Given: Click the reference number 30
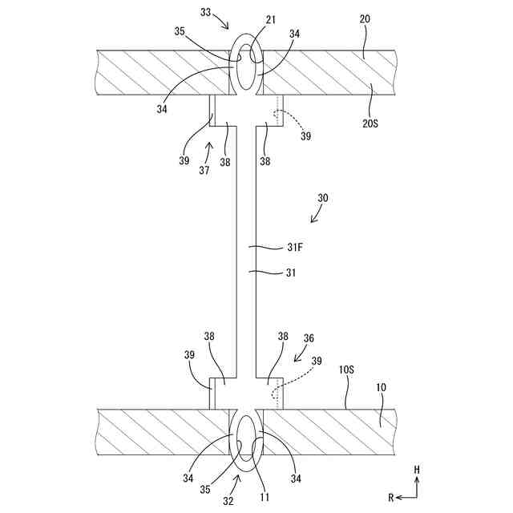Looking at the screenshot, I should point(322,197).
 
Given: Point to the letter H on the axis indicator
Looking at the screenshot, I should point(417,468).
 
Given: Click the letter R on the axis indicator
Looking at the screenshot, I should point(391,498).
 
